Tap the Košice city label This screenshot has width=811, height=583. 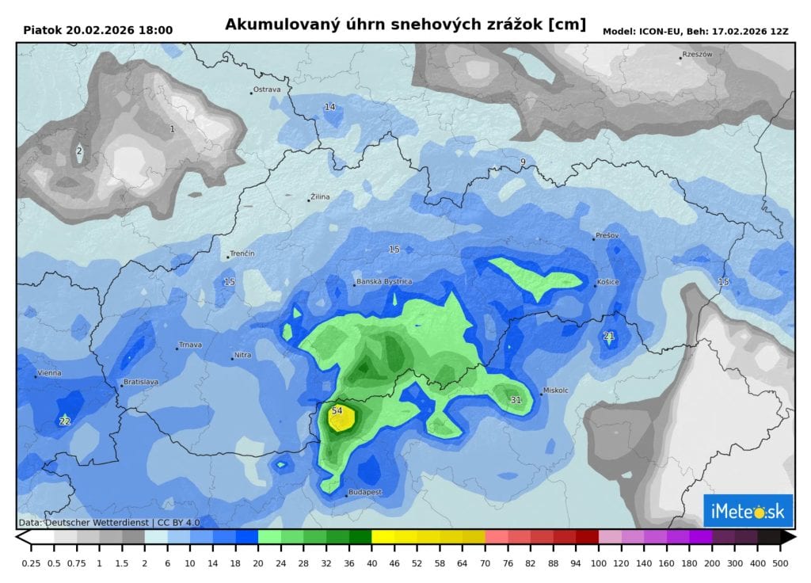(x=608, y=282)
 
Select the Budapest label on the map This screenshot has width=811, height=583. (x=366, y=492)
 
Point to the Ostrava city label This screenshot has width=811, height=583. (x=267, y=90)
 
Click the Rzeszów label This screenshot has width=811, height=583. (x=698, y=55)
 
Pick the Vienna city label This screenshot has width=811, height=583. (x=49, y=373)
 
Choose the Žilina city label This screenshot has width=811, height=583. (x=321, y=196)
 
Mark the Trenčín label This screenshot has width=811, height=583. (x=242, y=253)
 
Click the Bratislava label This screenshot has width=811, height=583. (x=141, y=382)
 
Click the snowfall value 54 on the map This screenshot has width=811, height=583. (x=337, y=410)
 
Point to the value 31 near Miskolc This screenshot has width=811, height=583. (x=516, y=400)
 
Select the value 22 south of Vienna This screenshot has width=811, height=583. (x=65, y=421)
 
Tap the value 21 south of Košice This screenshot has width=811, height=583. (x=609, y=336)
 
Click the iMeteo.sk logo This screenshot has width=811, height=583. (x=748, y=512)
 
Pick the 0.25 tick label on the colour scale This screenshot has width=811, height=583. (x=32, y=562)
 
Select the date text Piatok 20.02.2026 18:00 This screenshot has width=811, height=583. (x=98, y=30)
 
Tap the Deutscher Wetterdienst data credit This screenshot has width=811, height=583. (x=109, y=523)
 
